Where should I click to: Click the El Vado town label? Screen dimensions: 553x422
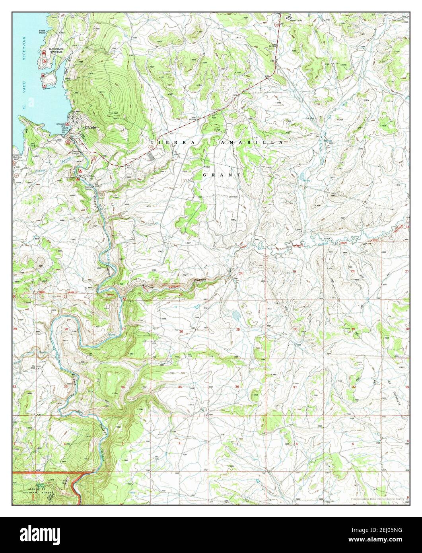89,127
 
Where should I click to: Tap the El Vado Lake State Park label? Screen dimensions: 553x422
56,50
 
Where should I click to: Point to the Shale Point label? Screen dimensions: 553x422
43,31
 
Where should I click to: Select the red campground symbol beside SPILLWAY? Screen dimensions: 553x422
68,124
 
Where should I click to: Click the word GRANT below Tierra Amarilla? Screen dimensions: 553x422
222,175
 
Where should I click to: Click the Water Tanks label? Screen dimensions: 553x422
296,20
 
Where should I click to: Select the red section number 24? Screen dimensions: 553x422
241,273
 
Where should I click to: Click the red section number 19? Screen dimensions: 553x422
294,271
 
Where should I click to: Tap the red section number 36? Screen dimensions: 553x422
237,387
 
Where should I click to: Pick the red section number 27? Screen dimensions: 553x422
123,329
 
